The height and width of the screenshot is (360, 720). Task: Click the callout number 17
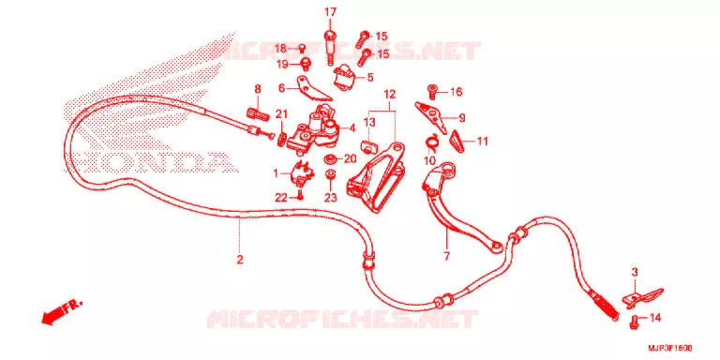click(331, 12)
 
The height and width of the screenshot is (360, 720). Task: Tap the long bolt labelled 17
click(330, 47)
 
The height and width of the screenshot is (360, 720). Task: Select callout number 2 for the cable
click(239, 260)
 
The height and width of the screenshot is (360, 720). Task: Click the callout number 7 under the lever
click(447, 256)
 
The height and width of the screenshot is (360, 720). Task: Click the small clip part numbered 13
click(368, 147)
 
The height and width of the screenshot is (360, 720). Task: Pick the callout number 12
click(389, 95)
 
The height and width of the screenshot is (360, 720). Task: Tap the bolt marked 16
click(432, 91)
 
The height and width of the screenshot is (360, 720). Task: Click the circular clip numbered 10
click(432, 142)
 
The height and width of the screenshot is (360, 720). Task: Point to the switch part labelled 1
click(298, 174)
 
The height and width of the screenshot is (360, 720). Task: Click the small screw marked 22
click(300, 196)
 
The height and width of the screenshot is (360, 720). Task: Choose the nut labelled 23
click(331, 176)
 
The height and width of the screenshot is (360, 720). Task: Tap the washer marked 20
click(329, 159)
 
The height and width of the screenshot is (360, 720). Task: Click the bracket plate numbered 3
click(641, 296)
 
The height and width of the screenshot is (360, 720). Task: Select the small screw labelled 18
click(303, 48)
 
